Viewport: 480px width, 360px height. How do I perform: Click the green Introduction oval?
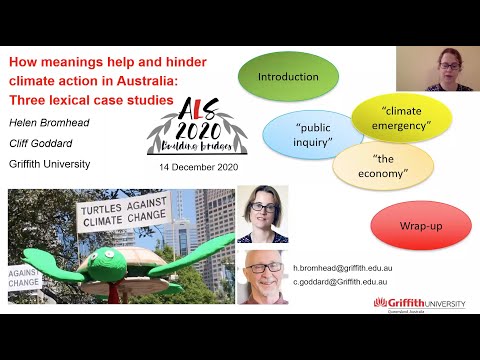pyautogui.click(x=288, y=77)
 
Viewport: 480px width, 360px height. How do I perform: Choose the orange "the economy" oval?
pyautogui.click(x=383, y=167)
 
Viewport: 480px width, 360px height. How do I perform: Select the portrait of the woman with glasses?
pyautogui.click(x=261, y=214)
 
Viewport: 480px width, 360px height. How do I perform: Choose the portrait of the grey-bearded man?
pyautogui.click(x=262, y=276)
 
